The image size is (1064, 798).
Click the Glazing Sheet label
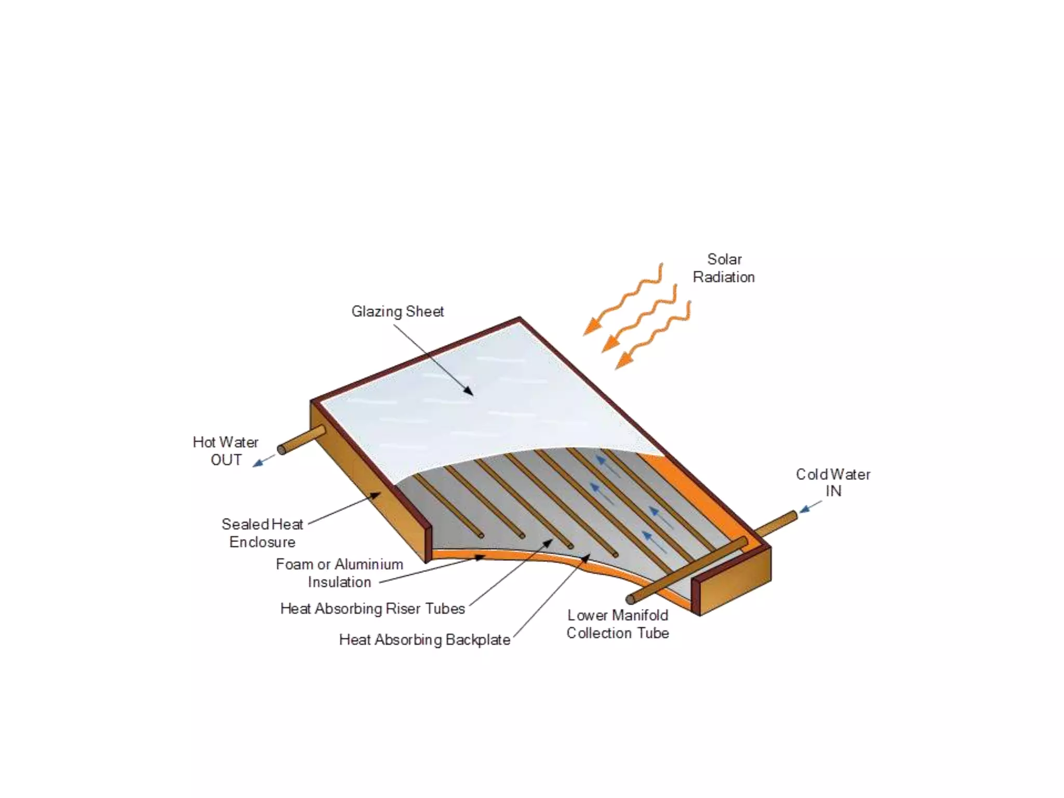point(397,312)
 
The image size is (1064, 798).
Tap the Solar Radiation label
point(724,268)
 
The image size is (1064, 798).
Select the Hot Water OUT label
point(225,451)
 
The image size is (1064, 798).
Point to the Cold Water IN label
point(833,483)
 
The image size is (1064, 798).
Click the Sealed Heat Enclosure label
point(262,533)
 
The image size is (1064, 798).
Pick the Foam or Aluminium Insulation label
point(339,573)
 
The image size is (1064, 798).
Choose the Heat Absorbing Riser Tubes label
point(373,608)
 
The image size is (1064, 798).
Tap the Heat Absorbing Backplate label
point(424,640)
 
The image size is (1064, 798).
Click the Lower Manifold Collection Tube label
point(618,624)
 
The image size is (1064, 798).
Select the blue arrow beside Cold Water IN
point(808,508)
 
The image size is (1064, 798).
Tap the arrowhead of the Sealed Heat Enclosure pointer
point(376,495)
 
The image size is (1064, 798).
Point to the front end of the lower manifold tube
point(631,600)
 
